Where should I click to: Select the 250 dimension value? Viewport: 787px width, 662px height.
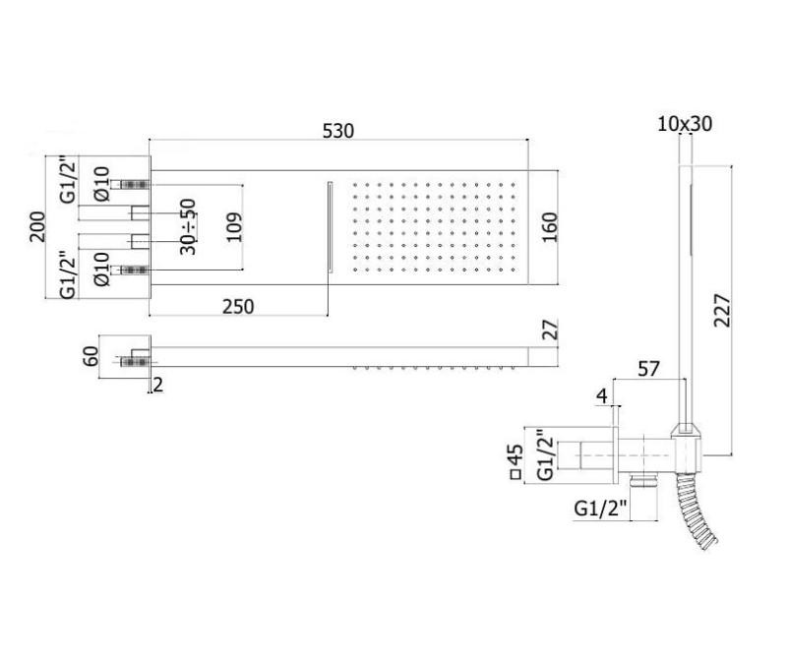tap(237, 306)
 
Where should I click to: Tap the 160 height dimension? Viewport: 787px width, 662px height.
tap(548, 228)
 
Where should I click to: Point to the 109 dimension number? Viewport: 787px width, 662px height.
tap(233, 228)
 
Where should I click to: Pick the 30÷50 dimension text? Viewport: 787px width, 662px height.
tap(188, 228)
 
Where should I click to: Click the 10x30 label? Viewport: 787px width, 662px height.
tap(685, 124)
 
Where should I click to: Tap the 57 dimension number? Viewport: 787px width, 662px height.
tap(649, 369)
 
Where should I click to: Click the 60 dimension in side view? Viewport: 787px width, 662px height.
tap(90, 355)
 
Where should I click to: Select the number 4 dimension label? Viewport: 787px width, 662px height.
tap(601, 397)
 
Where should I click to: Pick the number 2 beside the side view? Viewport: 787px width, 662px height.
tap(159, 386)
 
